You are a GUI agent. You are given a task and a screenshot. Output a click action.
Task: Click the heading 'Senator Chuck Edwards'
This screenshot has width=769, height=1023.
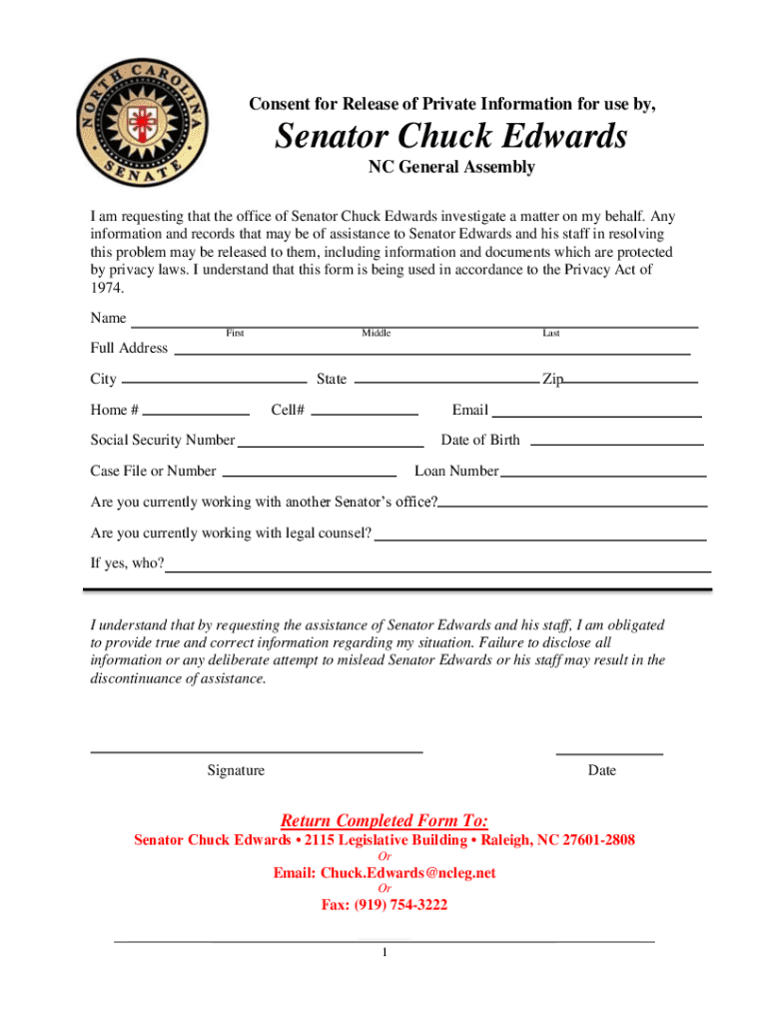click(451, 136)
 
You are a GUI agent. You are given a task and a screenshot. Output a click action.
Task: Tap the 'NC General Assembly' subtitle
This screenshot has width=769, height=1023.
click(451, 167)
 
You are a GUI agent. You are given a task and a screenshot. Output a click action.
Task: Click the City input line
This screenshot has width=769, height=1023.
click(214, 381)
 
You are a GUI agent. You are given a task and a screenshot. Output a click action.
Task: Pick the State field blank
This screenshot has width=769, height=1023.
click(445, 381)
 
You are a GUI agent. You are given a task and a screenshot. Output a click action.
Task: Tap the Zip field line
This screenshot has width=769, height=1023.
click(630, 381)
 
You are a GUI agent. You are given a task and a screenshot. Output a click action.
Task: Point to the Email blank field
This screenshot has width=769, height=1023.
click(596, 414)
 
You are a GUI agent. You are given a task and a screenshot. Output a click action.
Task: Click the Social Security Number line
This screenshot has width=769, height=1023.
click(331, 444)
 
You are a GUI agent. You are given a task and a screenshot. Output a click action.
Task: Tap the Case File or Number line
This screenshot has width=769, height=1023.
click(309, 474)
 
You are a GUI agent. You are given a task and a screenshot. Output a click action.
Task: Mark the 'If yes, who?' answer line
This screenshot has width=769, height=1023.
click(437, 569)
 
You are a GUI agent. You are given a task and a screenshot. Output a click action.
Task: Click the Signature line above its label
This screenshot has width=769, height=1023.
click(257, 749)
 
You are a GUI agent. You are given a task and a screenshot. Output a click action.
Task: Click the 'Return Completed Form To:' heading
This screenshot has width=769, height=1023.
click(384, 821)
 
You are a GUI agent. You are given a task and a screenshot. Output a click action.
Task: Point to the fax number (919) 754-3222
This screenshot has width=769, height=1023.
click(384, 905)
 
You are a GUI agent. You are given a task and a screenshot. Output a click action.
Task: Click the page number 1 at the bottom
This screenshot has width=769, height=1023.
click(384, 952)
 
